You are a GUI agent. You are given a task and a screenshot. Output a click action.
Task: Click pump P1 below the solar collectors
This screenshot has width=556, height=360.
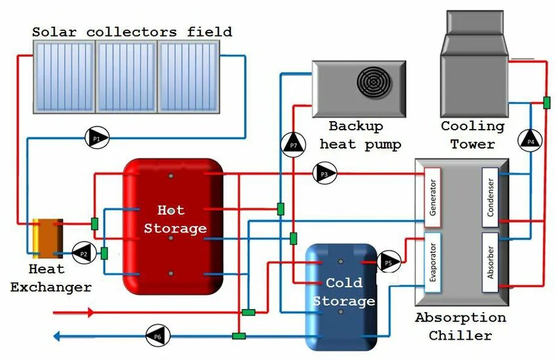pyautogui.click(x=97, y=138)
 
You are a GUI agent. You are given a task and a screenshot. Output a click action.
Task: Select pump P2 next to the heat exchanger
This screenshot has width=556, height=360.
pyautogui.click(x=82, y=252)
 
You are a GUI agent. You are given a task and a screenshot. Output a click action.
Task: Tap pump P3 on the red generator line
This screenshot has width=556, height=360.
pyautogui.click(x=325, y=173)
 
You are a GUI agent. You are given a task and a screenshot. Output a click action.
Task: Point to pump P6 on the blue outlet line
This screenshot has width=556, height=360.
pyautogui.click(x=158, y=336)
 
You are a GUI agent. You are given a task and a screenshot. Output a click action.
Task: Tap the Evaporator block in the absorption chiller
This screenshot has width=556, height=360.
pyautogui.click(x=432, y=262)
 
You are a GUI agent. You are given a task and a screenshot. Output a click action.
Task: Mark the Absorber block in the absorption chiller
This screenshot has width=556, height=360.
pyautogui.click(x=491, y=262)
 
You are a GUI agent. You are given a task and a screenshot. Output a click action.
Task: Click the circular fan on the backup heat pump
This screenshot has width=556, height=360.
pyautogui.click(x=372, y=82)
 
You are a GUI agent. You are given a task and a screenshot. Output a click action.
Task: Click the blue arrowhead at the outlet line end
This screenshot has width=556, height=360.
pyautogui.click(x=58, y=336)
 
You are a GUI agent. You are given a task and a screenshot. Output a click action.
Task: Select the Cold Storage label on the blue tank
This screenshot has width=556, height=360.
pyautogui.click(x=343, y=292)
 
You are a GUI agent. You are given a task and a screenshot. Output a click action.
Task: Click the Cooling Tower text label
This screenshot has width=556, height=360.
pyautogui.click(x=472, y=135)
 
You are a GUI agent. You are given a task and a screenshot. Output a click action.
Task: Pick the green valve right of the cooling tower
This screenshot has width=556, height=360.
pyautogui.click(x=546, y=103)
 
